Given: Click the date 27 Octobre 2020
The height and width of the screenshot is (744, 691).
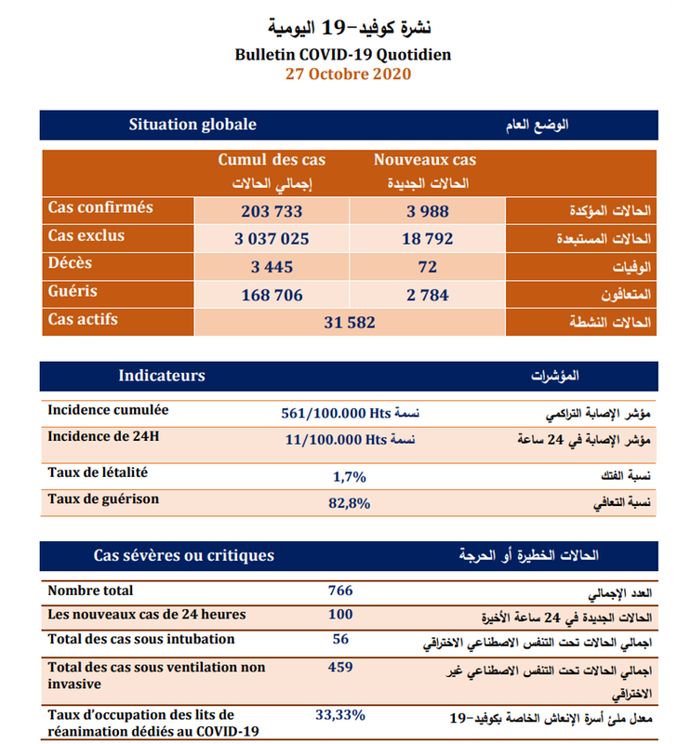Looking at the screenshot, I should [346, 73].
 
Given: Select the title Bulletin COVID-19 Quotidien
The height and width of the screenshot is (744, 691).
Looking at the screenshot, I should [344, 54].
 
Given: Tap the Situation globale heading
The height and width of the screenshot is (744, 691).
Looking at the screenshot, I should [193, 125].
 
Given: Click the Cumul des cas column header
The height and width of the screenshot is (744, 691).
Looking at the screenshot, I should [272, 160].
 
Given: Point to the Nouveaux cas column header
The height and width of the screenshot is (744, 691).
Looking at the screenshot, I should [425, 160].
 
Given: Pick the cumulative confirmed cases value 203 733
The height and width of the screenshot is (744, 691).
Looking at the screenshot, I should [272, 211].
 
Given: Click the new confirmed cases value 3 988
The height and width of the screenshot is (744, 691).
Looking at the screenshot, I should [428, 211].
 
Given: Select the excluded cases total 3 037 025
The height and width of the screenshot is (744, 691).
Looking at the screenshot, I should [272, 239].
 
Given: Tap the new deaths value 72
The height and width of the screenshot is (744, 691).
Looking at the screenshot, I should [428, 267].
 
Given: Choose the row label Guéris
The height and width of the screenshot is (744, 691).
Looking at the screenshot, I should [73, 291].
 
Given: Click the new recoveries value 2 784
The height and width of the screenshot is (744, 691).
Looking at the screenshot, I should [428, 295].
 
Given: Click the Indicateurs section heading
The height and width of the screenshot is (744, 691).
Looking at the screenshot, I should [162, 376].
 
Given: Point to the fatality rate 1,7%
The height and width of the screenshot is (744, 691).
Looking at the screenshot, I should [350, 476].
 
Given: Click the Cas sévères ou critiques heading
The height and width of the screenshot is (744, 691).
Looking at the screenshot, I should [184, 555].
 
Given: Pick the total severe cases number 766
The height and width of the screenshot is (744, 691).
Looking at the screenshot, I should [340, 591].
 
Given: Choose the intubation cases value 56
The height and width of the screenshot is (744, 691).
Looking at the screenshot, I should [340, 639].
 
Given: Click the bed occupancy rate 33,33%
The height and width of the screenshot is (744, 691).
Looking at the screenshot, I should [340, 715].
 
